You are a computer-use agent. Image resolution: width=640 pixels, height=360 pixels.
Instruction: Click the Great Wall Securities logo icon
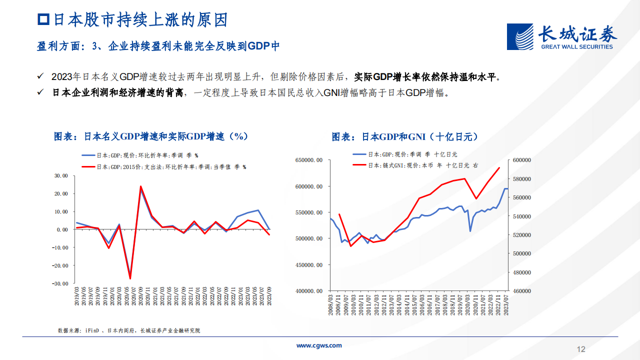520,36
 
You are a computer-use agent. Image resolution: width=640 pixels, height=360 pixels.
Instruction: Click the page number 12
580,349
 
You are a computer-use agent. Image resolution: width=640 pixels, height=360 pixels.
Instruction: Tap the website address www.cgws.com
319,345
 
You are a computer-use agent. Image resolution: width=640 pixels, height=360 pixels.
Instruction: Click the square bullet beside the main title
43,20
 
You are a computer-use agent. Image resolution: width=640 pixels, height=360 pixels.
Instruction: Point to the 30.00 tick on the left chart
61,176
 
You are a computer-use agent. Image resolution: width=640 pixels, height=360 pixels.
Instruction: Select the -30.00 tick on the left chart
60,283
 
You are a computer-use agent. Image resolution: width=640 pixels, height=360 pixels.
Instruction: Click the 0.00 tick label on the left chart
62,229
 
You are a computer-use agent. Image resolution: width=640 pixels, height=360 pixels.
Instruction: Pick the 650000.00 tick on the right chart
308,160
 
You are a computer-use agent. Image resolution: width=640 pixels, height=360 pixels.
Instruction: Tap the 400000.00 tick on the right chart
308,291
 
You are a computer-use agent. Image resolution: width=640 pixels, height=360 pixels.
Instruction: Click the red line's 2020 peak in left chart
140,186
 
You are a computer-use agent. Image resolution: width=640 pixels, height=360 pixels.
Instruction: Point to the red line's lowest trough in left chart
130,278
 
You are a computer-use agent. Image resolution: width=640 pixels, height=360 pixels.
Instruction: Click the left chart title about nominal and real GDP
151,136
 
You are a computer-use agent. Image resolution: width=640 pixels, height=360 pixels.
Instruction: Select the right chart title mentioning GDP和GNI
405,136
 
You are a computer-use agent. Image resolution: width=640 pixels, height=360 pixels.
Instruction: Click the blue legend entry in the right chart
405,155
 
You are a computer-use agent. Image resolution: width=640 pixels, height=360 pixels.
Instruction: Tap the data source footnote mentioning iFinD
129,330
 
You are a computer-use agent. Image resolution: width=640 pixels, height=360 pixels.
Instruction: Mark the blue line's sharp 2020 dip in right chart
470,230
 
